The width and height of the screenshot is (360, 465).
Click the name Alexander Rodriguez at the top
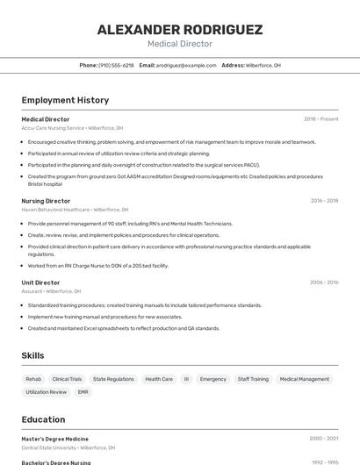pyautogui.click(x=179, y=30)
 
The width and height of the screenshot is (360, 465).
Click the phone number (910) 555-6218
pyautogui.click(x=116, y=65)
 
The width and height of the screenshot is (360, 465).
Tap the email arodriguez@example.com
pyautogui.click(x=186, y=65)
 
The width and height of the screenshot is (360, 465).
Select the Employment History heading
pyautogui.click(x=65, y=100)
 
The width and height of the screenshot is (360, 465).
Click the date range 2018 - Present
pyautogui.click(x=321, y=118)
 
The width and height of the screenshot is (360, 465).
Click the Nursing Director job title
pyautogui.click(x=46, y=201)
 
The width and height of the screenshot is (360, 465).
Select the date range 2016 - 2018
pyautogui.click(x=324, y=201)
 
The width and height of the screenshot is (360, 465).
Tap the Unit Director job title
pyautogui.click(x=40, y=283)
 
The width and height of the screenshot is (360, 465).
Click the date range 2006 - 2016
pyautogui.click(x=324, y=283)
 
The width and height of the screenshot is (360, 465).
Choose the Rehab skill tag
pyautogui.click(x=33, y=379)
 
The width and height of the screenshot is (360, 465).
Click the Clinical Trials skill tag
pyautogui.click(x=67, y=379)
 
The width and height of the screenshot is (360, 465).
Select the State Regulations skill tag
pyautogui.click(x=113, y=379)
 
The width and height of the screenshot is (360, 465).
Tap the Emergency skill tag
pyautogui.click(x=212, y=379)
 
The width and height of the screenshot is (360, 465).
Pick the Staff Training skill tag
pyautogui.click(x=253, y=379)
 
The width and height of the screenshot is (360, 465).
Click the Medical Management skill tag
pyautogui.click(x=304, y=379)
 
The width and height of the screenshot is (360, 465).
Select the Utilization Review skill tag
pyautogui.click(x=46, y=392)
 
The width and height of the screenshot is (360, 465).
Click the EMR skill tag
pyautogui.click(x=83, y=392)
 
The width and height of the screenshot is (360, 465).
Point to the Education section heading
pyautogui.click(x=43, y=419)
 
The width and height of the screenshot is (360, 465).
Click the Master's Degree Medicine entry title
pyautogui.click(x=54, y=438)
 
